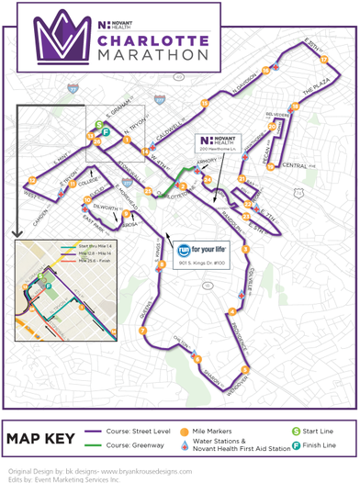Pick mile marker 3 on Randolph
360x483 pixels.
(245, 249)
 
